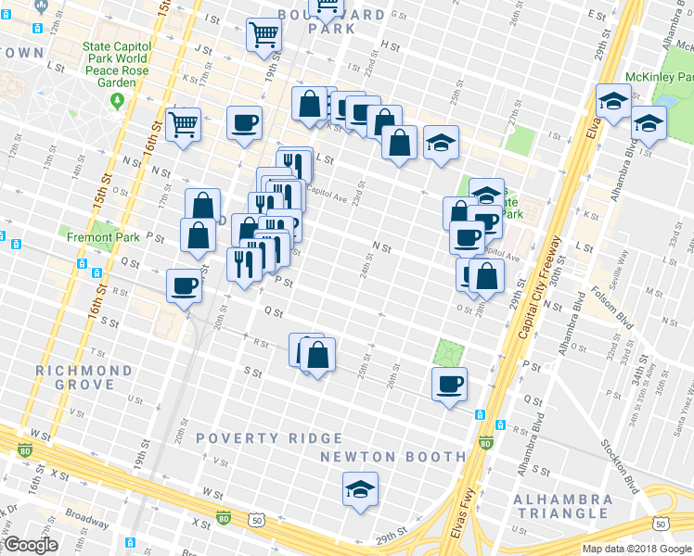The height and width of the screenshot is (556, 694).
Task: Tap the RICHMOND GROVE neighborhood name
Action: pyautogui.click(x=84, y=377)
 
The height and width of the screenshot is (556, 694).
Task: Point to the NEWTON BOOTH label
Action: pyautogui.click(x=392, y=457)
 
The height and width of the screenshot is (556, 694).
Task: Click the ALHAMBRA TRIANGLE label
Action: pyautogui.click(x=563, y=506)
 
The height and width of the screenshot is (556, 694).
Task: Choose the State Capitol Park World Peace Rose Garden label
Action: pyautogui.click(x=114, y=63)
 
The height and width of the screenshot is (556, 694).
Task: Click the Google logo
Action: pyautogui.click(x=31, y=545)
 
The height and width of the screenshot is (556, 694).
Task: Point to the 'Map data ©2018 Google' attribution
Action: pyautogui.click(x=636, y=549)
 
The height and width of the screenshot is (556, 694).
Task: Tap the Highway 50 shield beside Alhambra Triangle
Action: pyautogui.click(x=661, y=524)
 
